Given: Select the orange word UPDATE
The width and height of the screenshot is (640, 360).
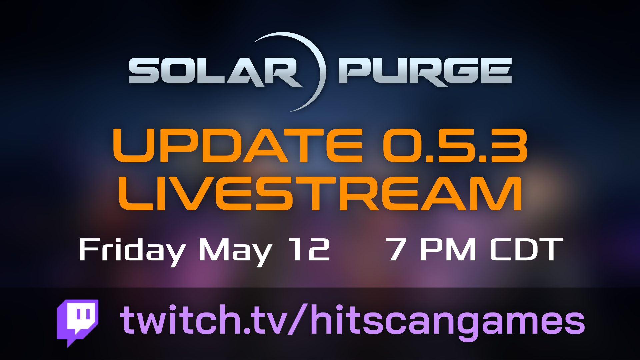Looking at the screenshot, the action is pos(238,146).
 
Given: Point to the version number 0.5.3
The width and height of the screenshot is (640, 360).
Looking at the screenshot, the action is pos(455,146).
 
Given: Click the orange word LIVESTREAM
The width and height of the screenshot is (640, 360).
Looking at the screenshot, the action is pos(320,193).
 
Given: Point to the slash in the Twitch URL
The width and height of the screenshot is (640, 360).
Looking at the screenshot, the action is pos(299,319).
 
